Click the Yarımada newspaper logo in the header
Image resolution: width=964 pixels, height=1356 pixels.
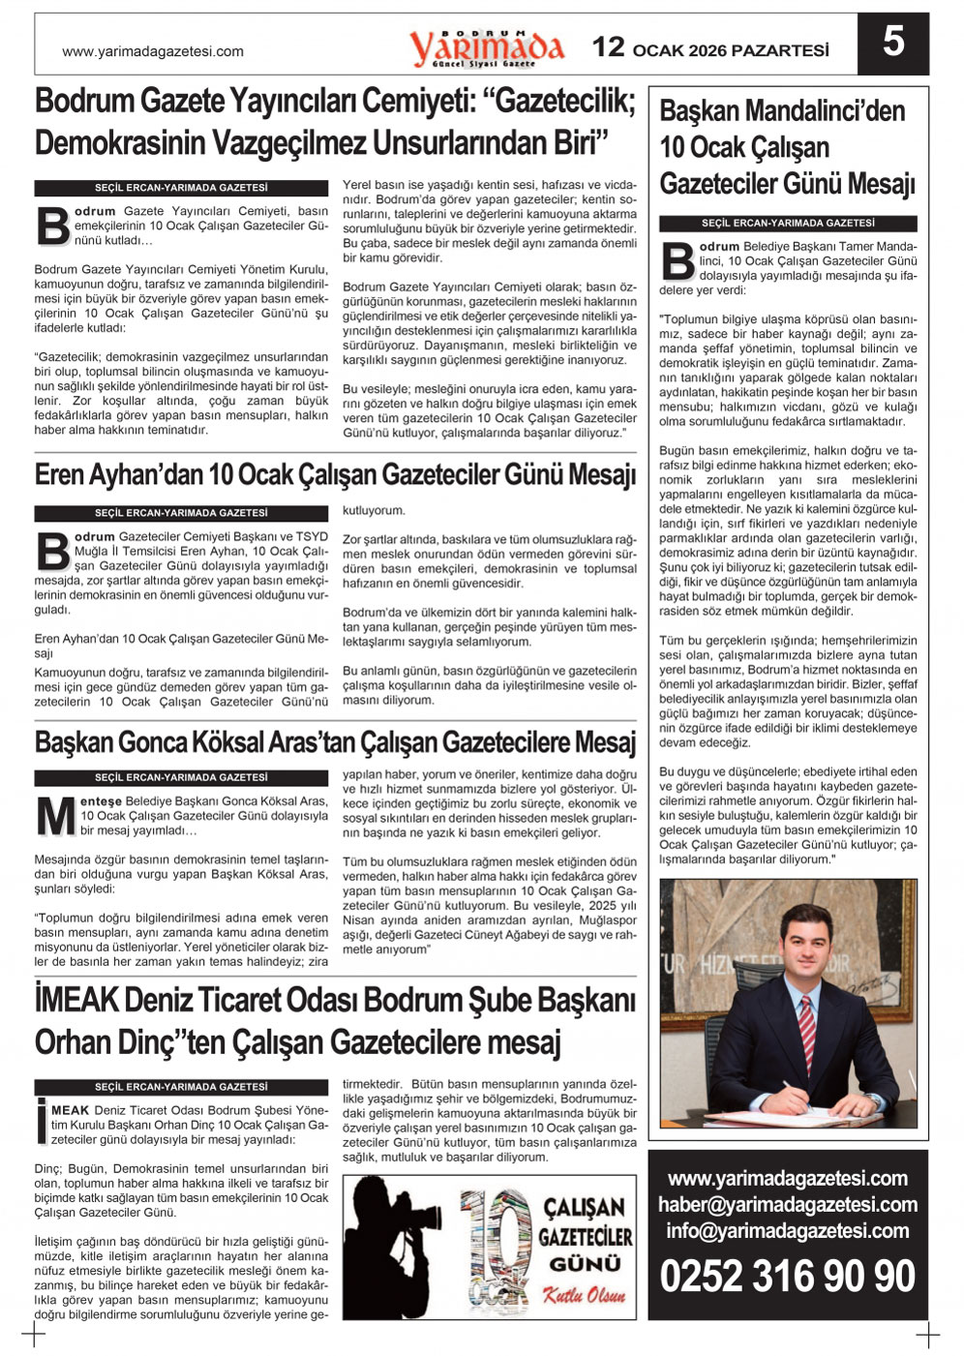[x=486, y=46]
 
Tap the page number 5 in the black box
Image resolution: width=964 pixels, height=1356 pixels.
[x=892, y=44]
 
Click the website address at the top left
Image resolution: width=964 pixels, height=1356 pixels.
[x=152, y=51]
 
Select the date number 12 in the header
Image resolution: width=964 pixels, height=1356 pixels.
[x=608, y=46]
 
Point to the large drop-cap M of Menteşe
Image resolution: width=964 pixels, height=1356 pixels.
[x=55, y=816]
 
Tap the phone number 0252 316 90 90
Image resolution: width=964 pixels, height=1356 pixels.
[x=787, y=1276]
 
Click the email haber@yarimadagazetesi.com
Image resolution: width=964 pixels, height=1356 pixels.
[x=787, y=1205]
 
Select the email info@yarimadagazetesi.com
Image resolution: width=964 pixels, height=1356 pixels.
[x=787, y=1231]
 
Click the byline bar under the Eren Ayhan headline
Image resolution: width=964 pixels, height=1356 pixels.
[x=181, y=512]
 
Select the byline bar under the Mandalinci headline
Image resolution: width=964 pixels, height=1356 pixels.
[x=788, y=224]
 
